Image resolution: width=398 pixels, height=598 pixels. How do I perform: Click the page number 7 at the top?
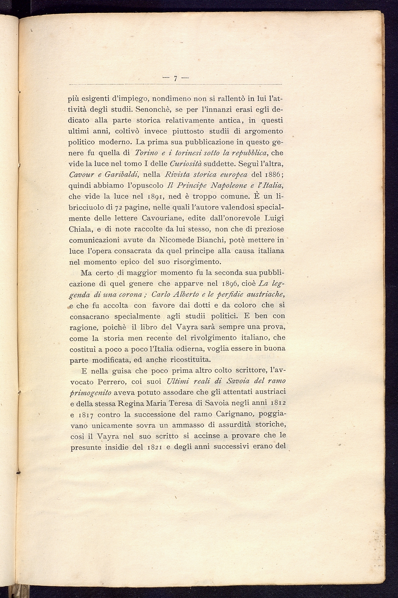click(x=175, y=78)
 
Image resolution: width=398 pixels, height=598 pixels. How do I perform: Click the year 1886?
click(x=270, y=175)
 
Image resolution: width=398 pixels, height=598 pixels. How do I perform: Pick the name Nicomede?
click(x=175, y=240)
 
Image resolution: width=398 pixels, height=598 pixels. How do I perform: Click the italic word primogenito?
click(x=90, y=392)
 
